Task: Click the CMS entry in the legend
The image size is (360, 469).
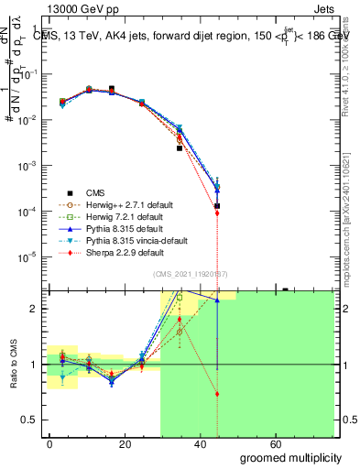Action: (x=95, y=192)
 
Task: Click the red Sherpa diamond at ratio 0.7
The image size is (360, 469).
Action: (x=217, y=394)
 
